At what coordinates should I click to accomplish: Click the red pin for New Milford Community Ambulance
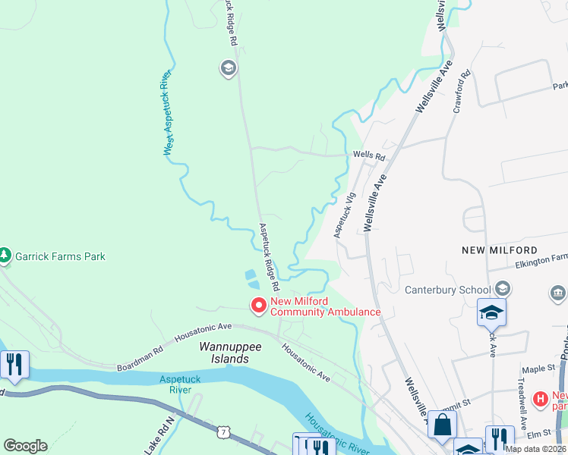[x=258, y=305]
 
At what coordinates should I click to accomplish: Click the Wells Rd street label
[x=369, y=157]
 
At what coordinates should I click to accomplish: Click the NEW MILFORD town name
[x=499, y=250]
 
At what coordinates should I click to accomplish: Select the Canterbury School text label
[x=447, y=290]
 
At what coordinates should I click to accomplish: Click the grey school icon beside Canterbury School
[x=502, y=289]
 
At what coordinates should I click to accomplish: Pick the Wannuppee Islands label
[x=224, y=352]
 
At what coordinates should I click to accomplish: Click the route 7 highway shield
[x=222, y=431]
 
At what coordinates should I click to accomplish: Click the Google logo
[x=25, y=446]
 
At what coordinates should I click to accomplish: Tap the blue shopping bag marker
[x=442, y=426]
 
